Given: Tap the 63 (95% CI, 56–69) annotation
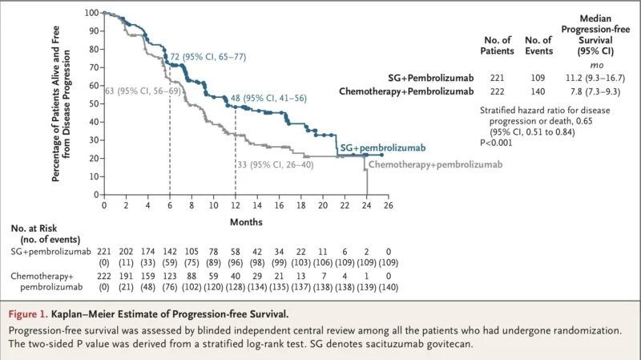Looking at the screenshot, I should point(140,91).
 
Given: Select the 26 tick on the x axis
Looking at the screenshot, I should point(388,205).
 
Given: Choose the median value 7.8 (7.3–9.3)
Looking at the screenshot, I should point(598,91).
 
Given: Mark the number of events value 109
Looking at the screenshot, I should point(538,78).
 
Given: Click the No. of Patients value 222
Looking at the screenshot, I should point(500,91).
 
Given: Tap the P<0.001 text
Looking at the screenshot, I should point(496,142).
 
